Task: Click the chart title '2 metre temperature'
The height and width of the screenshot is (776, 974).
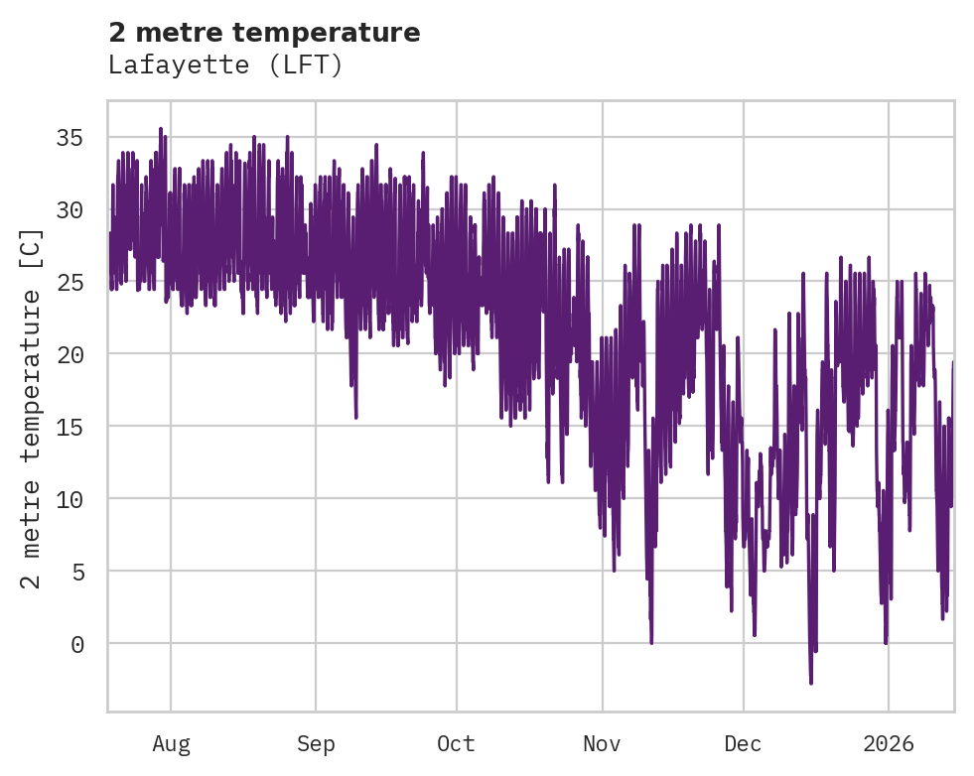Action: pyautogui.click(x=264, y=33)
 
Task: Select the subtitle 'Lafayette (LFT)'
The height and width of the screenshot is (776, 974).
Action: pyautogui.click(x=225, y=65)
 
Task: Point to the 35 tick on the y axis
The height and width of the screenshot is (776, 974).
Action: pyautogui.click(x=70, y=137)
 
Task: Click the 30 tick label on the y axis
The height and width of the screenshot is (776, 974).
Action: pyautogui.click(x=70, y=209)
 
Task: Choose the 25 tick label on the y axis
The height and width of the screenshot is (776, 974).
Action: pyautogui.click(x=70, y=282)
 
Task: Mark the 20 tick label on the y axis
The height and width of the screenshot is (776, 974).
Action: pyautogui.click(x=70, y=354)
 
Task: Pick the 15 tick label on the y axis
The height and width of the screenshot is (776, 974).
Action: pyautogui.click(x=70, y=427)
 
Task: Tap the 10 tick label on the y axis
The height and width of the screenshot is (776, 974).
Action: pyautogui.click(x=70, y=499)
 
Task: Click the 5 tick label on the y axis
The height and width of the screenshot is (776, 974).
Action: pyautogui.click(x=76, y=572)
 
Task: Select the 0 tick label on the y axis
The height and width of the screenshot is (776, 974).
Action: pyautogui.click(x=76, y=644)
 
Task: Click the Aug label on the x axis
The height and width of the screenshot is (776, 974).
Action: pyautogui.click(x=171, y=743)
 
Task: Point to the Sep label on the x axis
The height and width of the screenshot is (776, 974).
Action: pyautogui.click(x=316, y=743)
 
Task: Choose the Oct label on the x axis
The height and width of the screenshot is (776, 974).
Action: pyautogui.click(x=457, y=743)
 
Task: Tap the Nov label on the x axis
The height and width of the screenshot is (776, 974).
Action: pyautogui.click(x=602, y=743)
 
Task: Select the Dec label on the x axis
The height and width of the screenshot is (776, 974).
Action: pyautogui.click(x=743, y=743)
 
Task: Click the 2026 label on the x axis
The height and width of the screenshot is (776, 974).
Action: pyautogui.click(x=888, y=743)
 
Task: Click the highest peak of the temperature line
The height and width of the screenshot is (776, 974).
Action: pyautogui.click(x=160, y=129)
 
